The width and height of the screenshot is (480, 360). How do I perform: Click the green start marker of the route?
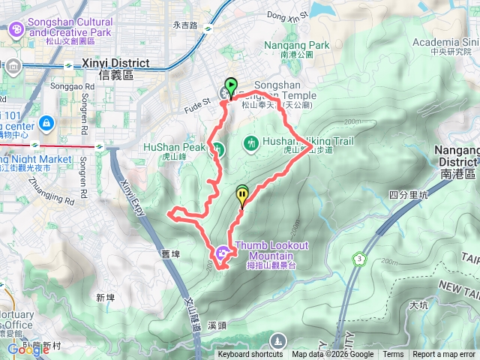pos(231,86)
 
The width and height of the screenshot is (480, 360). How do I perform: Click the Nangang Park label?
pos(297,46)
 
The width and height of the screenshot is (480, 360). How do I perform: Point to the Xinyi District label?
pos(114,64)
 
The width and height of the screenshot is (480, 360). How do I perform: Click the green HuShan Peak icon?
pos(217,148)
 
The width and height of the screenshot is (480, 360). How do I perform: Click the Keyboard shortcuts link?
pos(250,355)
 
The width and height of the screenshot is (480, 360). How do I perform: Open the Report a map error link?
pos(444,355)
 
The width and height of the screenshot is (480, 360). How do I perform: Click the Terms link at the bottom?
pos(393,355)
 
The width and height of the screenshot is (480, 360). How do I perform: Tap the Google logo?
pos(28,349)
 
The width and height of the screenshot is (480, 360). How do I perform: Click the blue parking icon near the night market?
pos(46,121)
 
